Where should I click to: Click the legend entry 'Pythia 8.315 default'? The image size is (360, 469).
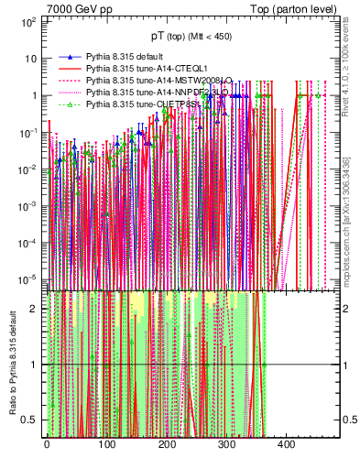click(x=126, y=57)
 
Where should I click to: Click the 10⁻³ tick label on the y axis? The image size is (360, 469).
click(x=27, y=206)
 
